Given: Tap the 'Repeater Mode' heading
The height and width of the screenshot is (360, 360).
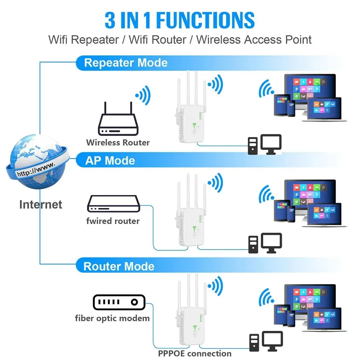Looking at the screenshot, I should pyautogui.click(x=126, y=63).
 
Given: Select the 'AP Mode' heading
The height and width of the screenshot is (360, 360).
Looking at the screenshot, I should pyautogui.click(x=110, y=160).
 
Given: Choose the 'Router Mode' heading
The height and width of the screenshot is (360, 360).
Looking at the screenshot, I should pyautogui.click(x=119, y=266).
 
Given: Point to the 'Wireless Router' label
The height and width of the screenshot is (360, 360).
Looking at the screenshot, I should pyautogui.click(x=118, y=142).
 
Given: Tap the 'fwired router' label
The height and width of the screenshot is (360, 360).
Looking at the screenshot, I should pyautogui.click(x=113, y=221).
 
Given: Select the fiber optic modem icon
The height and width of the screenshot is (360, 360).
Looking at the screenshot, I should pyautogui.click(x=119, y=302).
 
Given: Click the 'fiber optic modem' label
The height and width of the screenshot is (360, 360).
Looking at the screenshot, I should pyautogui.click(x=112, y=318).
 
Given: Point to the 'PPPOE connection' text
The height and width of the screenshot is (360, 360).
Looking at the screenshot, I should pyautogui.click(x=195, y=354).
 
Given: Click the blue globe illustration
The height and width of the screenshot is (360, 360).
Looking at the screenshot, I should pyautogui.click(x=36, y=162).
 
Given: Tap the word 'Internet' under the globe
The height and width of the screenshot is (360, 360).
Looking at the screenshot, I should pyautogui.click(x=41, y=205).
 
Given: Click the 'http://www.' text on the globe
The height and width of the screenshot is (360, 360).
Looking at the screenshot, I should pyautogui.click(x=36, y=169).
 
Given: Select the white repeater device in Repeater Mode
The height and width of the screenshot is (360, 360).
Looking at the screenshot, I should pyautogui.click(x=191, y=115).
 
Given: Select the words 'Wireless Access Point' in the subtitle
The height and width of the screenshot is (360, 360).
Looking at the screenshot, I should pyautogui.click(x=254, y=40).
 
